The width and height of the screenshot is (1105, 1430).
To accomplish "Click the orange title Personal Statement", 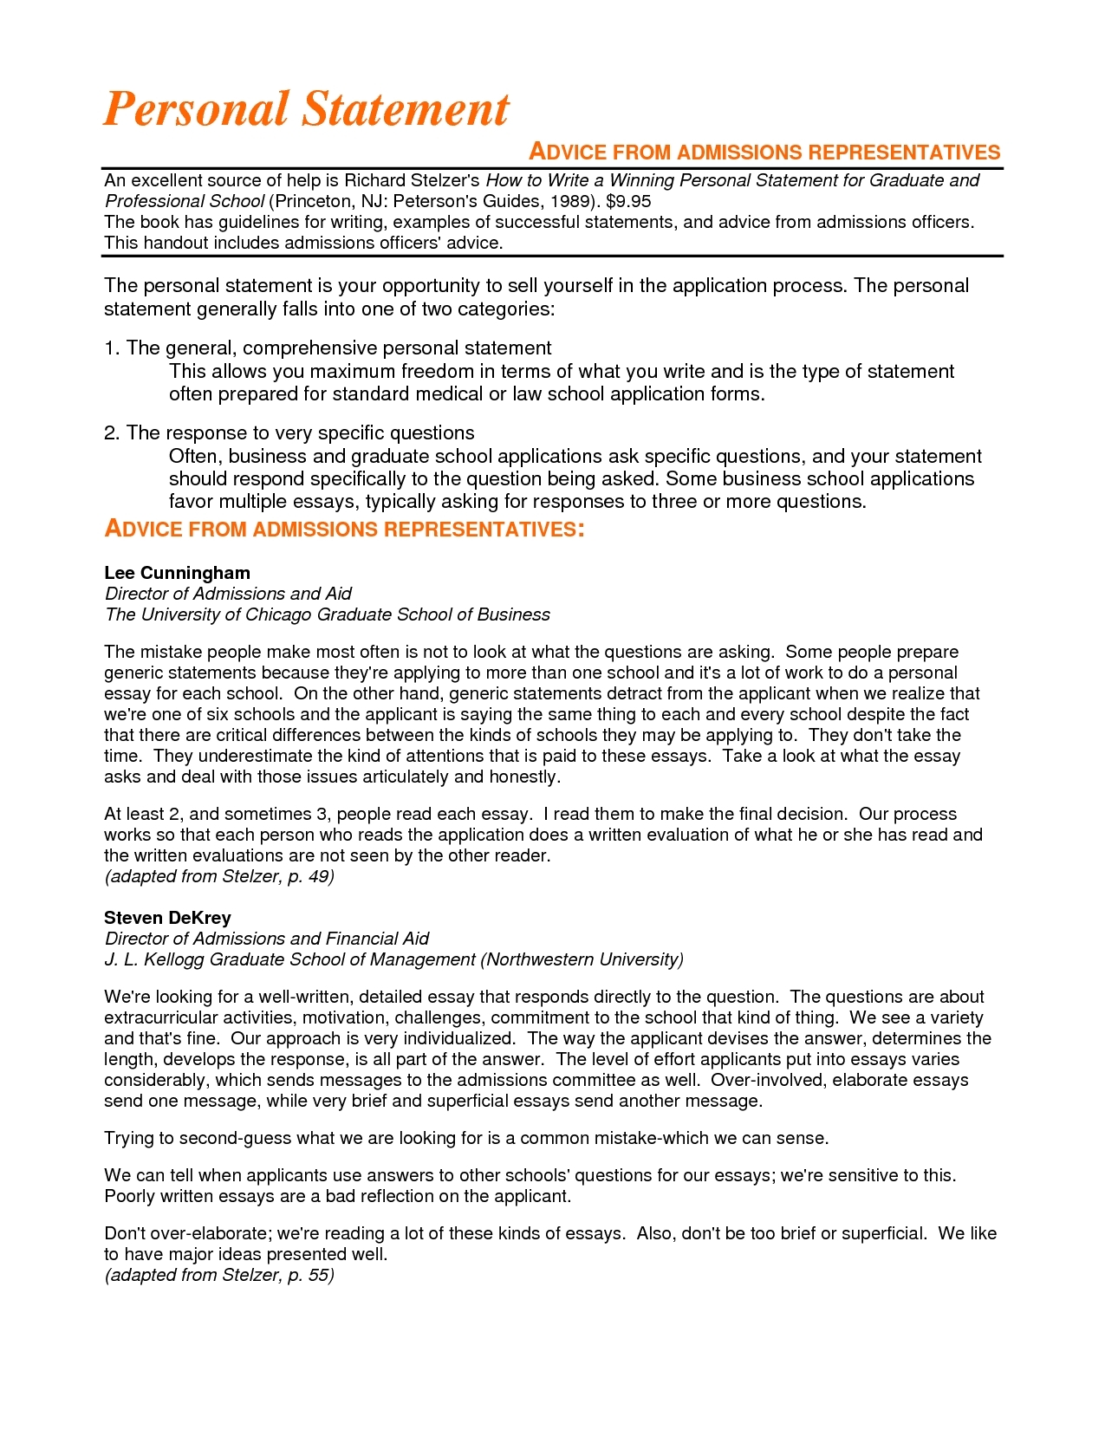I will tap(306, 109).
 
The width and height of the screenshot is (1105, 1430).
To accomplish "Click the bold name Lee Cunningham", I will tap(177, 573).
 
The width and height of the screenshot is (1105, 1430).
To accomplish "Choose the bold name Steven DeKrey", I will tap(167, 918).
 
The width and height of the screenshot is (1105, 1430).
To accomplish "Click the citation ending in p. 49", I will tap(219, 876).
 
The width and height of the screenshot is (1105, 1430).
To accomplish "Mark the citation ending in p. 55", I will tap(219, 1275).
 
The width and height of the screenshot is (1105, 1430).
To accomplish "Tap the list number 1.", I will tap(110, 348).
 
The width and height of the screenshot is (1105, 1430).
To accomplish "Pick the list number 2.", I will tap(110, 433).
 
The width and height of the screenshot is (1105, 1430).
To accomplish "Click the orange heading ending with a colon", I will tap(344, 530).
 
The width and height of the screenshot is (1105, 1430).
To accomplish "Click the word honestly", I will tap(523, 777).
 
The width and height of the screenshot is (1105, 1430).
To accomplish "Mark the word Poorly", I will tap(131, 1197).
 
